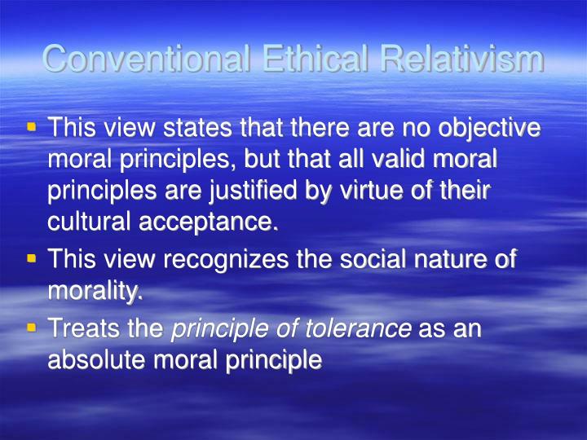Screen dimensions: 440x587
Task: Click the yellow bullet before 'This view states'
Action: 32,127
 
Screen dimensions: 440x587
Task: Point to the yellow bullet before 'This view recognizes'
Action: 32,259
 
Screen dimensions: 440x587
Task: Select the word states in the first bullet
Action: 193,129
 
